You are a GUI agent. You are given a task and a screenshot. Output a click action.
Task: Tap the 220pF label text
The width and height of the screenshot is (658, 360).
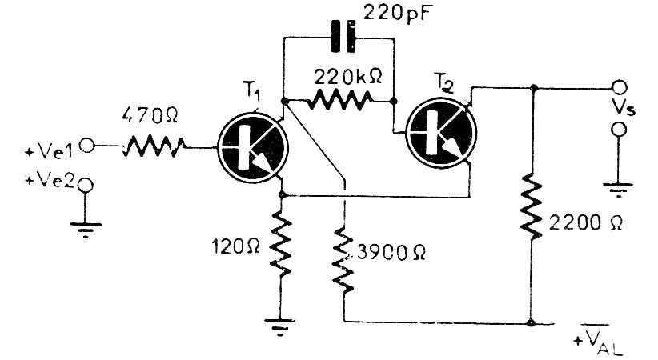click(397, 14)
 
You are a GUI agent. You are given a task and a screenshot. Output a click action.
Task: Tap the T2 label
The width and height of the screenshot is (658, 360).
click(445, 80)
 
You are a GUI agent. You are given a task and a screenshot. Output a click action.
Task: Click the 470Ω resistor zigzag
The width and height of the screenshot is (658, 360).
click(154, 146)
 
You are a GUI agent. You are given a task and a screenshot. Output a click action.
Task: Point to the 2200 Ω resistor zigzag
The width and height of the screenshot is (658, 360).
click(533, 208)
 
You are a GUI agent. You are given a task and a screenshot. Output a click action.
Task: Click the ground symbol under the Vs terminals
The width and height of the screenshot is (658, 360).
click(617, 190)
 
